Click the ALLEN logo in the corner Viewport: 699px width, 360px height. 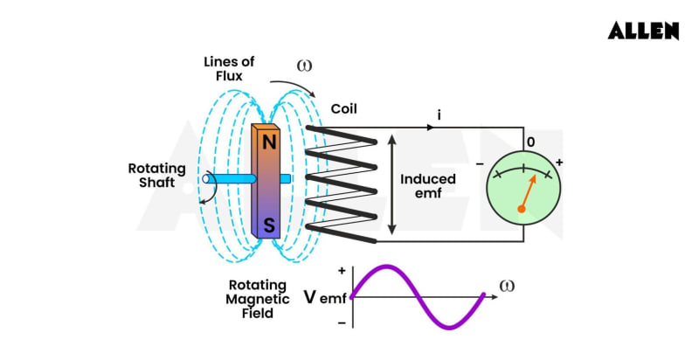click(643, 31)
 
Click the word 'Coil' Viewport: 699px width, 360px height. click(344, 109)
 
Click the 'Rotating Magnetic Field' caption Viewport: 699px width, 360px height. click(259, 299)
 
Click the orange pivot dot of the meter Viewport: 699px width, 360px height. click(522, 208)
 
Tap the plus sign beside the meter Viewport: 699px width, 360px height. click(559, 163)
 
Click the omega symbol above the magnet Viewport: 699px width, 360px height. click(304, 66)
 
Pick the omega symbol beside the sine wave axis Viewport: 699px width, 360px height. click(506, 286)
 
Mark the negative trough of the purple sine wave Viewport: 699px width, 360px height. click(451, 327)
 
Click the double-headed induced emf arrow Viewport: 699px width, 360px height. click(392, 186)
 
